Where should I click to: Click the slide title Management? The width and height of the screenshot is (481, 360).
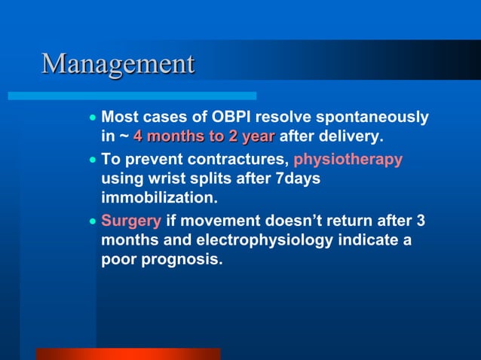point(118,63)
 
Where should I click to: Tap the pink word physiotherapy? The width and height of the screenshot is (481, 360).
point(348,160)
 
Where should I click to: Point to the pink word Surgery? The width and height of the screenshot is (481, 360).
point(131,222)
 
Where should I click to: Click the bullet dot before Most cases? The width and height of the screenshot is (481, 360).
point(92,118)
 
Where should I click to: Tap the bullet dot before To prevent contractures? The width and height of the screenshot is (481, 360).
point(92,160)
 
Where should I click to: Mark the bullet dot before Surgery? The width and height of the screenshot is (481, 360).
point(92,223)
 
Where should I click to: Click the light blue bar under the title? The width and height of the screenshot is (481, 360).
point(132,96)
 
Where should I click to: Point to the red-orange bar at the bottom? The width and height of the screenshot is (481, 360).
point(128,353)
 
